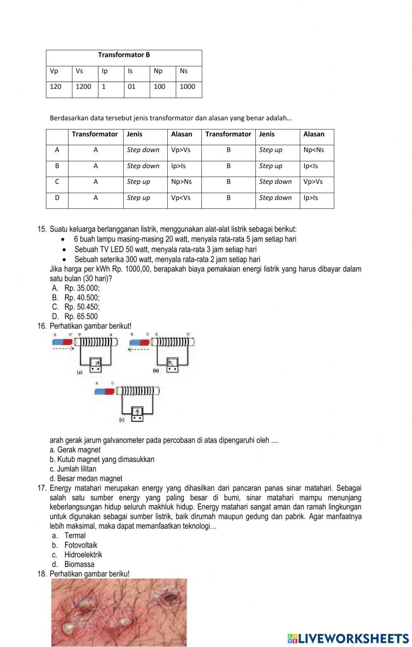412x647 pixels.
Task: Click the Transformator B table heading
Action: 124,55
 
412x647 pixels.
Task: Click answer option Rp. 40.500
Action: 82,298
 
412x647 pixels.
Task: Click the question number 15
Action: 42,229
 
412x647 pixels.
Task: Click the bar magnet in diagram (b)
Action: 140,342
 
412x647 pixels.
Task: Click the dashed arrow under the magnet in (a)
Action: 63,349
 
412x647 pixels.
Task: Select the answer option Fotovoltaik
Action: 81,545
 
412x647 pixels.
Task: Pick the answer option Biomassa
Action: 79,564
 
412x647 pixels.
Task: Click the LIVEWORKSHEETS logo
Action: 348,638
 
